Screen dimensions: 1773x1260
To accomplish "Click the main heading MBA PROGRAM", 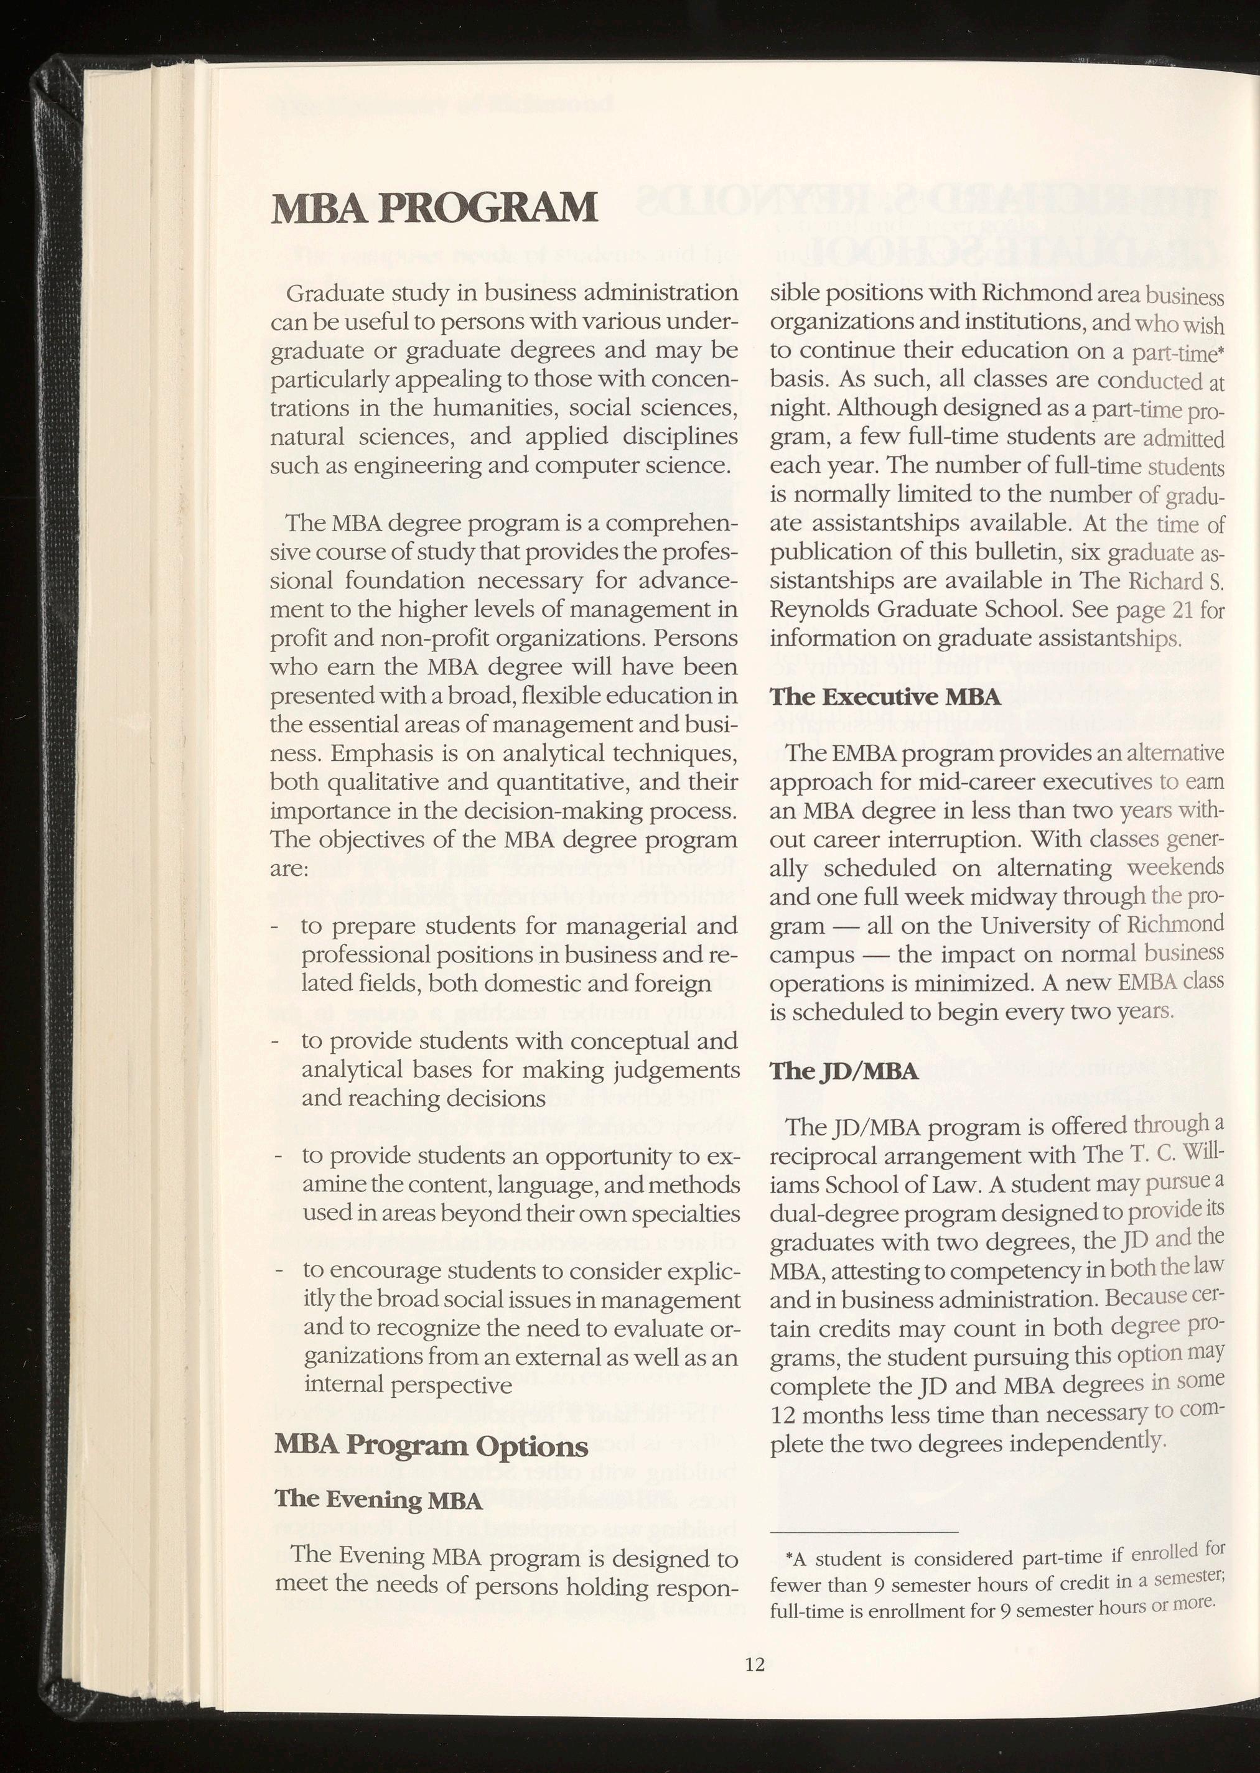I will [434, 208].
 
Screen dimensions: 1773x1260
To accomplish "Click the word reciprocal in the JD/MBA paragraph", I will [828, 1157].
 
